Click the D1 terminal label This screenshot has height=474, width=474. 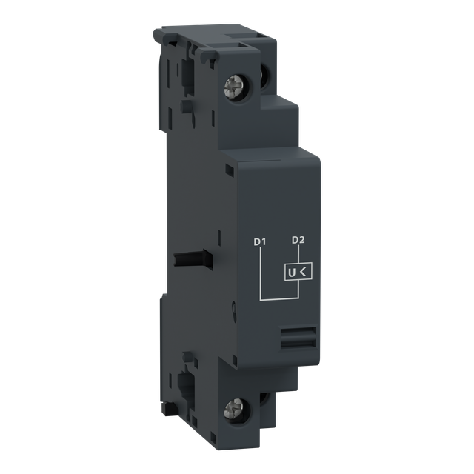pos(259,241)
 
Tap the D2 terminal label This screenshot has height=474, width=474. pos(298,240)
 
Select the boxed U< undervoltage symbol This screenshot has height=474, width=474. pos(298,273)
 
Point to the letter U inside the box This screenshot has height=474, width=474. pos(293,273)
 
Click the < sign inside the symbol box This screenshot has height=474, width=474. pos(305,273)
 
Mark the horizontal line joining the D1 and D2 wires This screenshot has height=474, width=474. pos(278,299)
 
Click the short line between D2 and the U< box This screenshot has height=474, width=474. pos(298,254)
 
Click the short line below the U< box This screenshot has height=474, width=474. pos(298,290)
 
